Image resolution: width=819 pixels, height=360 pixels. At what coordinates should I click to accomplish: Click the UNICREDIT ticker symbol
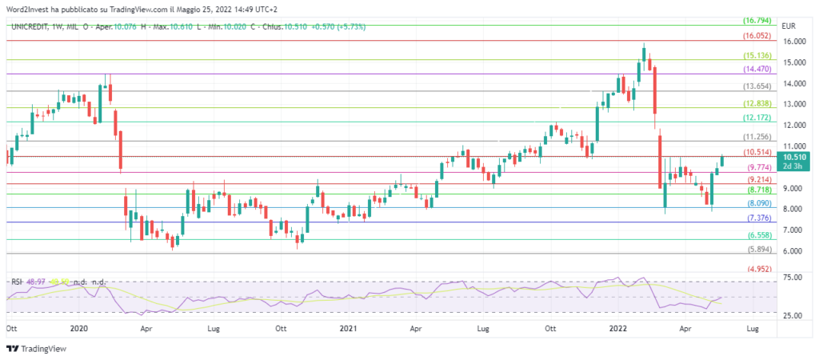click(34, 26)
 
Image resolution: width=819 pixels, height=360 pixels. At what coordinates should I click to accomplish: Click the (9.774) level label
click(757, 168)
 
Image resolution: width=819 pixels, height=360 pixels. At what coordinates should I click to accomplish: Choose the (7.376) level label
click(757, 218)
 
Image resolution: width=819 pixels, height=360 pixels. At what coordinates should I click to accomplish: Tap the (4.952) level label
click(757, 269)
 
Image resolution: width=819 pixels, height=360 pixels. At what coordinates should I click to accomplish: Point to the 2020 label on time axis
click(78, 328)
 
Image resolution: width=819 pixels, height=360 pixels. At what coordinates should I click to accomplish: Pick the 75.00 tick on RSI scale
click(792, 278)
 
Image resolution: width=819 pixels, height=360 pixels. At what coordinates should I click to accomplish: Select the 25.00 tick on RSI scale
click(792, 315)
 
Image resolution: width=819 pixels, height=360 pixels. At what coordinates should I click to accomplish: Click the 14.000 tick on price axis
click(793, 83)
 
